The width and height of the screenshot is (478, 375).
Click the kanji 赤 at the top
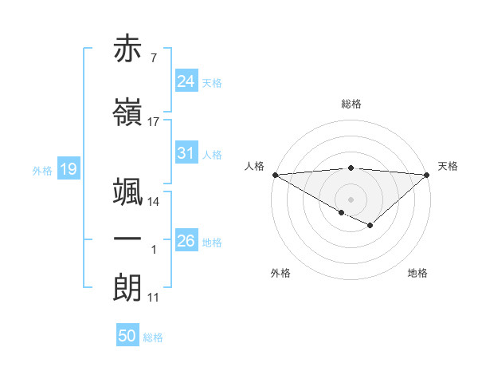pos(128,49)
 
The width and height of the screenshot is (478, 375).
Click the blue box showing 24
pos(186,81)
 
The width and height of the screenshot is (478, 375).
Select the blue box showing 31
pos(186,153)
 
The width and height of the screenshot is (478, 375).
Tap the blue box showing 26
pos(186,241)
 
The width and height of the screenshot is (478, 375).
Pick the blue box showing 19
pos(68,169)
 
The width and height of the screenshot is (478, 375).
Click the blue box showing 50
pos(127,336)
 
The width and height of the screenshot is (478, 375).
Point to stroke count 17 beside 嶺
pos(154,122)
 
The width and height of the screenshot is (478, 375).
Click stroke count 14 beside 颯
pos(154,202)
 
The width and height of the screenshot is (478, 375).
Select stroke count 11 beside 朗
pos(154,298)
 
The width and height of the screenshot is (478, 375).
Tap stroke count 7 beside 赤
pos(154,58)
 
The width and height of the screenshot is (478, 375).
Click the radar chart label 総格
pos(351,104)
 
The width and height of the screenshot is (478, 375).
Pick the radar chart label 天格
pos(448,166)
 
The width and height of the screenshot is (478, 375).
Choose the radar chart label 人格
pos(254,166)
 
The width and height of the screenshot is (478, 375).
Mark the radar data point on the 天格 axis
pos(428,174)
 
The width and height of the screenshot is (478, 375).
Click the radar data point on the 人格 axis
pos(274,174)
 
